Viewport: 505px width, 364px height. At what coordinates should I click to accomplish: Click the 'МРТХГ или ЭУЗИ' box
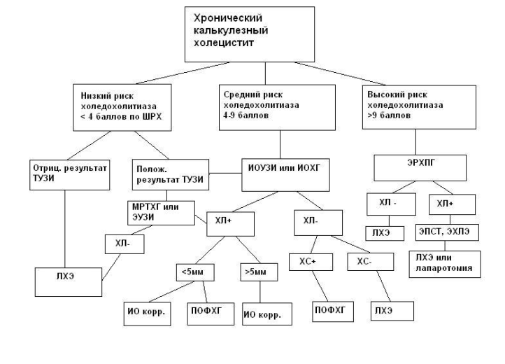pyautogui.click(x=160, y=213)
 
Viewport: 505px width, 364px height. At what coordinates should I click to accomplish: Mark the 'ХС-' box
pyautogui.click(x=363, y=263)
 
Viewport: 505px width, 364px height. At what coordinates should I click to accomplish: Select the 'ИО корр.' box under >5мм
pyautogui.click(x=266, y=314)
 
